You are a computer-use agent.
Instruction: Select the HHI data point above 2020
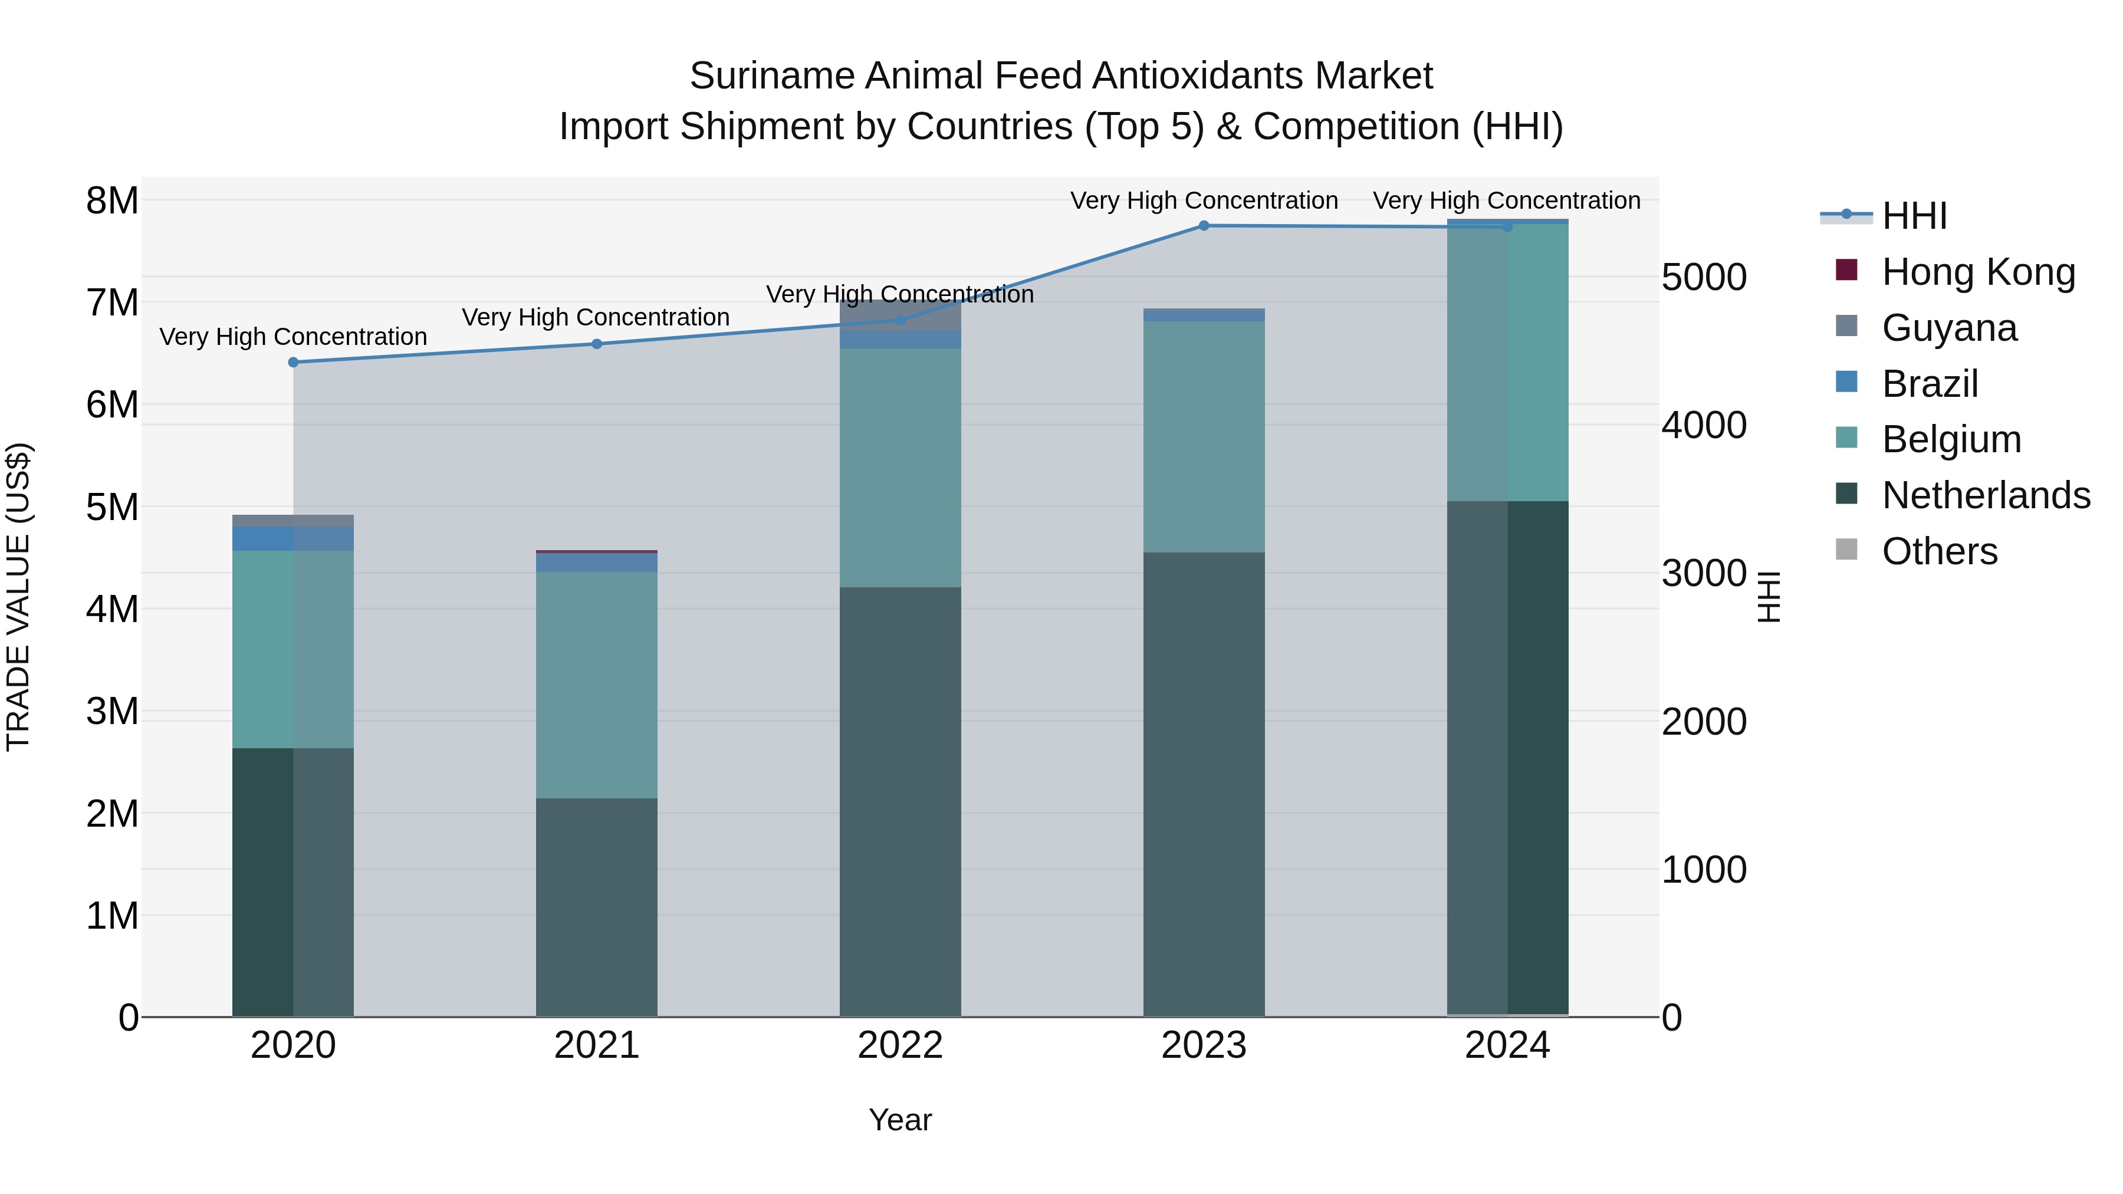pyautogui.click(x=294, y=363)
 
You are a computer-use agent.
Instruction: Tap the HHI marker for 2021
pyautogui.click(x=597, y=344)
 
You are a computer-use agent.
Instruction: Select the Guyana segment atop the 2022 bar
pyautogui.click(x=900, y=315)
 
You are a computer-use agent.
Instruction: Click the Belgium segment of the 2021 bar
pyautogui.click(x=597, y=684)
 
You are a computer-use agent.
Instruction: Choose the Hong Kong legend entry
pyautogui.click(x=1978, y=272)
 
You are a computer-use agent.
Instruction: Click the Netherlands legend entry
pyautogui.click(x=1986, y=495)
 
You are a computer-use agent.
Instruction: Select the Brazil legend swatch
pyautogui.click(x=1847, y=382)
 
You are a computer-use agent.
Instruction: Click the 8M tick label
pyautogui.click(x=113, y=201)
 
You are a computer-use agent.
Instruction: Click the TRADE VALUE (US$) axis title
pyautogui.click(x=18, y=597)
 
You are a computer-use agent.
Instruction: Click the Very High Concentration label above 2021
pyautogui.click(x=595, y=317)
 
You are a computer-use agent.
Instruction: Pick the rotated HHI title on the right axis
pyautogui.click(x=1769, y=597)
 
